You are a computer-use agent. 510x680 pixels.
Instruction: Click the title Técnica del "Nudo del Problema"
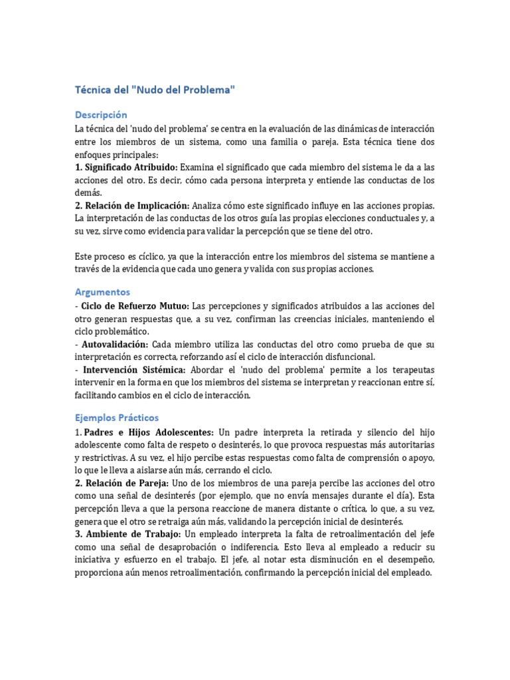(155, 90)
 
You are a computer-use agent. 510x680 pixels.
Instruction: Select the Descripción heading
(101, 115)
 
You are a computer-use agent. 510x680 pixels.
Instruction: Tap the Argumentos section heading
(103, 292)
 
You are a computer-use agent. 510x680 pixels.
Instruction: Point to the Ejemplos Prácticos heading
(117, 418)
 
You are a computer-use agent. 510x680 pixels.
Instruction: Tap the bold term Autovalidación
(114, 344)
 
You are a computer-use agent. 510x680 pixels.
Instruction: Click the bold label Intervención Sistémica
(133, 369)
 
